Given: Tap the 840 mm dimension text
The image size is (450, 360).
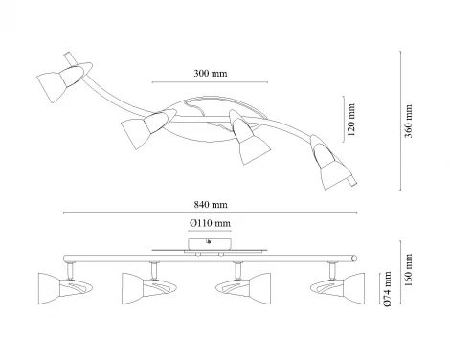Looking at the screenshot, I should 211,204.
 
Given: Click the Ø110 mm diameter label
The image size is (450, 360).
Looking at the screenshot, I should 211,223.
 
